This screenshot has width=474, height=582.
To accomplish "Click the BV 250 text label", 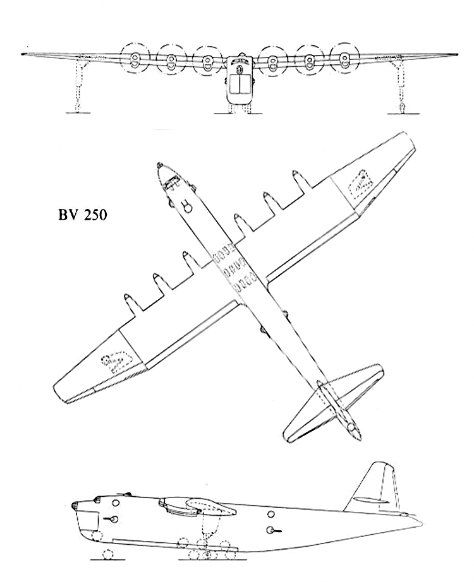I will click(82, 215).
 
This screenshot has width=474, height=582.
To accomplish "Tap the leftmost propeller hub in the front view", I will click(135, 61).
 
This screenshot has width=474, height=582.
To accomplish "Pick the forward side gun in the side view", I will click(114, 519).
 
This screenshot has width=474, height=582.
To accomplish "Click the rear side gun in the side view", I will click(274, 530).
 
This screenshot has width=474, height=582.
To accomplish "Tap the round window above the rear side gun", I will click(271, 513).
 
